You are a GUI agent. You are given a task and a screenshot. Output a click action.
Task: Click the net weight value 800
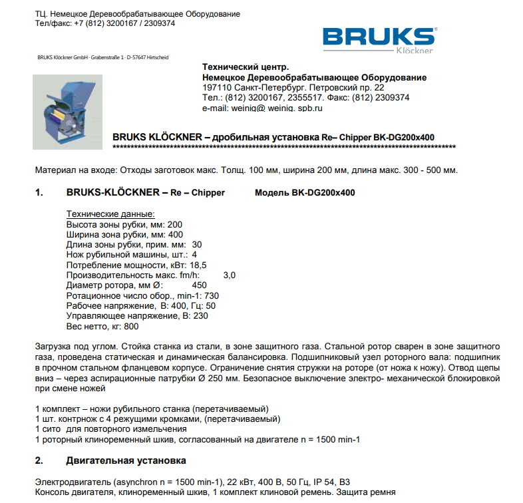pyautogui.click(x=131, y=326)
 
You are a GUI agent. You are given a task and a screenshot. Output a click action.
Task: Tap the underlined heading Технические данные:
pyautogui.click(x=110, y=214)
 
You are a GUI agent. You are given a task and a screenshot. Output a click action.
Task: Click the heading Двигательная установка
pyautogui.click(x=126, y=460)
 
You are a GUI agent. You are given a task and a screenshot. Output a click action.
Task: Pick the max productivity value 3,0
pyautogui.click(x=229, y=274)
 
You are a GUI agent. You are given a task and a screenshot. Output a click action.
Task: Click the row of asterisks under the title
pyautogui.click(x=284, y=146)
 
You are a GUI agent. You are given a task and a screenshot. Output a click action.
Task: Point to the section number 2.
pyautogui.click(x=39, y=460)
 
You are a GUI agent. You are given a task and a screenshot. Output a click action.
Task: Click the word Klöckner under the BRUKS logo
pyautogui.click(x=414, y=50)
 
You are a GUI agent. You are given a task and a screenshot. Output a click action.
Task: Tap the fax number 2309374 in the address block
pyautogui.click(x=390, y=97)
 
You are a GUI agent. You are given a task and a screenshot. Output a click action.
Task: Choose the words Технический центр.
pyautogui.click(x=246, y=67)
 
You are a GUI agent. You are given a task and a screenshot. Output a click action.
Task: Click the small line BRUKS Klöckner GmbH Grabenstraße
pyautogui.click(x=102, y=57)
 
